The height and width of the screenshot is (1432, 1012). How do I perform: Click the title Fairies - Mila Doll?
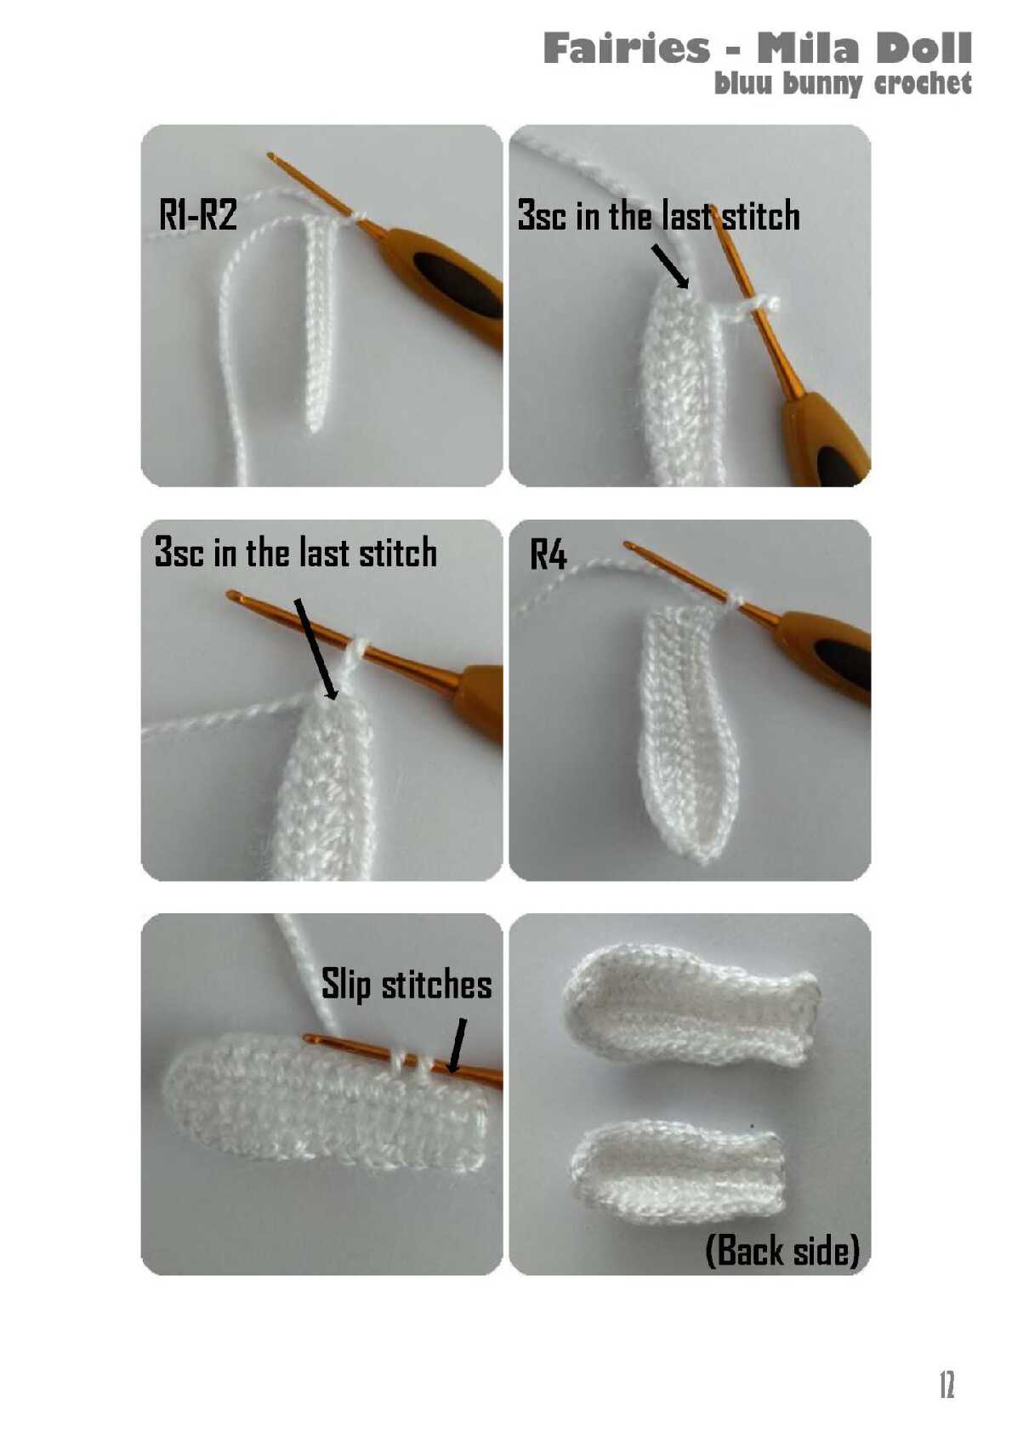coord(757,48)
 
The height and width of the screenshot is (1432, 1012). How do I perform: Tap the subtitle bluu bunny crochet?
coord(843,83)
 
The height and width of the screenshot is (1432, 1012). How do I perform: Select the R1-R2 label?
coord(197,214)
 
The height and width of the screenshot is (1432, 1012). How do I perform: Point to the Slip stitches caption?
coord(407,985)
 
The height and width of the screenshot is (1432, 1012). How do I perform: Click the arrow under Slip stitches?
coord(457,1046)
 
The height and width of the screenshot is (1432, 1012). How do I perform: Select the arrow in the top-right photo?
coord(671,266)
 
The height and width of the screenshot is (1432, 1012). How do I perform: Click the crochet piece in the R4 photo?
coord(685,730)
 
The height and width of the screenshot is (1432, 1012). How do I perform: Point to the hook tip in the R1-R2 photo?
coord(271,156)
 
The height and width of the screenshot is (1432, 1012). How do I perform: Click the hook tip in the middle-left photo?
coord(231,596)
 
